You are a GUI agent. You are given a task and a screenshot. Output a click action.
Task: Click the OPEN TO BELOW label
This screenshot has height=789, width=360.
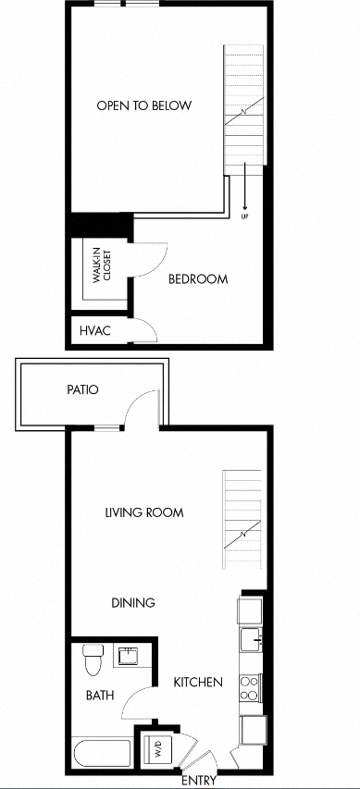[143, 105]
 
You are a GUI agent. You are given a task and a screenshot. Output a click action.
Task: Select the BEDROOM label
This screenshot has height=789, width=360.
[197, 279]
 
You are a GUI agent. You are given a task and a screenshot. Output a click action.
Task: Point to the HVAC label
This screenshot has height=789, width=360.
[95, 330]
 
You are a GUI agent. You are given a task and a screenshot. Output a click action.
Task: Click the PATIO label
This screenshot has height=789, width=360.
[82, 390]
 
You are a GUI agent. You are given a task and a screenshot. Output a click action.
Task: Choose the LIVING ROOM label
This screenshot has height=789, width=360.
[143, 512]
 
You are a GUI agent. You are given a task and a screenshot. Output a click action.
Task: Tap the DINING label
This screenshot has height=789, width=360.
[133, 603]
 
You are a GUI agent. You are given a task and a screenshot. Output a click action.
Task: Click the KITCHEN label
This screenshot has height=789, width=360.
[198, 683]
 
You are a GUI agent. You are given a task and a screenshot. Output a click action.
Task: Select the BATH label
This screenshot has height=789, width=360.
[100, 695]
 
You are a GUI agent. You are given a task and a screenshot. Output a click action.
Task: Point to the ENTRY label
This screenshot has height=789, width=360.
[199, 781]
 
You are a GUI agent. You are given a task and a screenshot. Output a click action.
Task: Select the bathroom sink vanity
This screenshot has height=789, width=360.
[129, 656]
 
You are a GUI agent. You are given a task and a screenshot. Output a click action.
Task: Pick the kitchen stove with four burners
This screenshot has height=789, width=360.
[251, 686]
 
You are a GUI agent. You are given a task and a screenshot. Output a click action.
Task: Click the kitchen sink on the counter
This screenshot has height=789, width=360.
[251, 639]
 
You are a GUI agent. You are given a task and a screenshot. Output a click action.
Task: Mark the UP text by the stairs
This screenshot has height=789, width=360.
[244, 217]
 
